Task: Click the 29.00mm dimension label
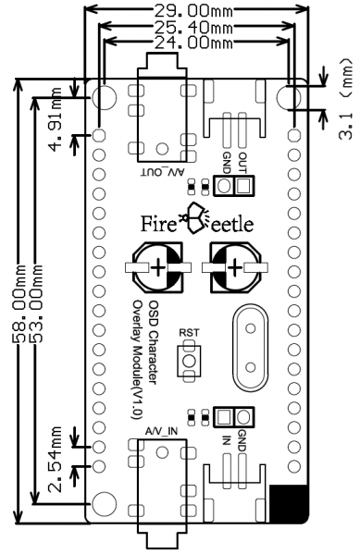coord(193,10)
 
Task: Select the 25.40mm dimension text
coord(193,27)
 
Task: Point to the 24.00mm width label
coord(193,43)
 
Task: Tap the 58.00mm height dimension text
coord(19,304)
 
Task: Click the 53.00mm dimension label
coord(36,304)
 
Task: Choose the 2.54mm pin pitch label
coord(56,460)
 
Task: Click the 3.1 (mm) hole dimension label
coord(346,99)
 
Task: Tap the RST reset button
coord(189,361)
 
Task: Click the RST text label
coord(189,333)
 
